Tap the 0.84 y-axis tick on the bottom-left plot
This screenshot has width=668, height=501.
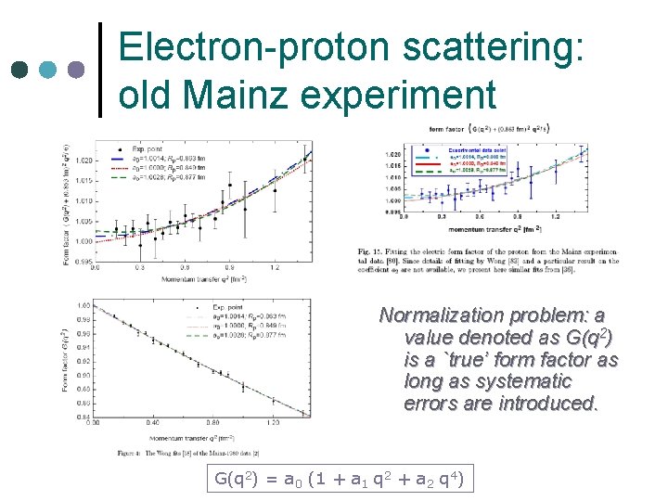click(83, 417)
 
